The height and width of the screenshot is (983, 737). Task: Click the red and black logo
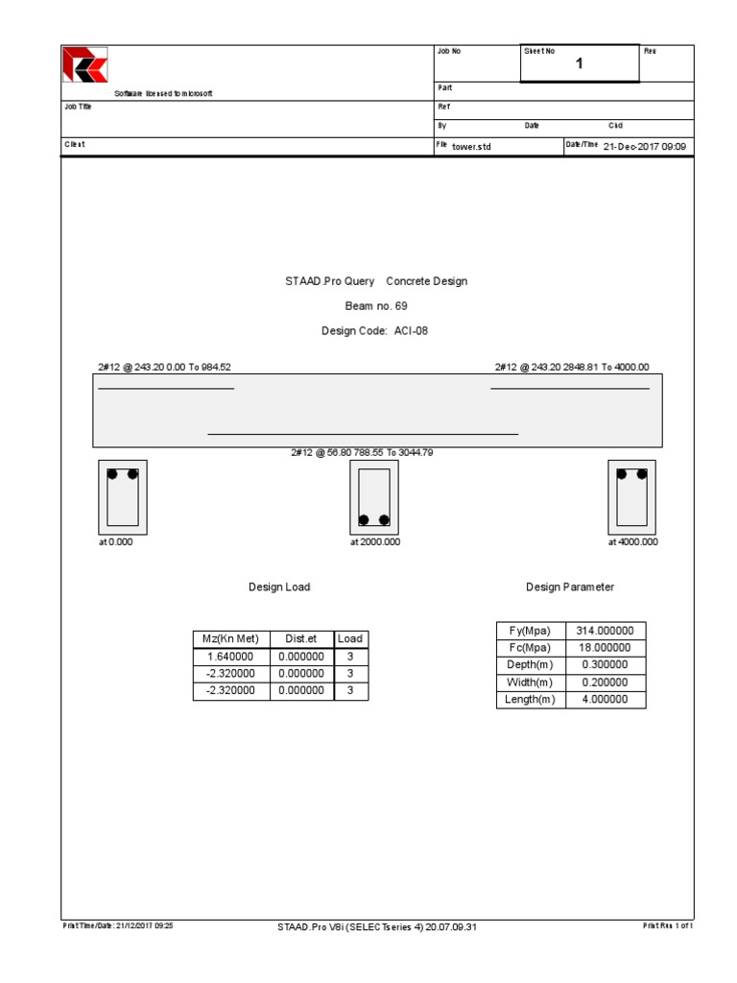tap(84, 65)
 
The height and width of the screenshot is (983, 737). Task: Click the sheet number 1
tap(579, 64)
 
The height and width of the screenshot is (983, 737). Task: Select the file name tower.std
tap(471, 147)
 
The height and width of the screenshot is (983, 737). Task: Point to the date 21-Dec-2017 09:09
tap(645, 146)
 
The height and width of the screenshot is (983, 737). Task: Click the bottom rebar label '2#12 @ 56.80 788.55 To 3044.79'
tap(368, 452)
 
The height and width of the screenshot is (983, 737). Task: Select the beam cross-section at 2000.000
tap(374, 497)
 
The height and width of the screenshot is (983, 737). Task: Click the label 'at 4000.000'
tap(632, 542)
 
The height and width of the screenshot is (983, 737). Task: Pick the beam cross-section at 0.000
tap(122, 497)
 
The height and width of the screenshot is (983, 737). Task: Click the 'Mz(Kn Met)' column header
tap(231, 638)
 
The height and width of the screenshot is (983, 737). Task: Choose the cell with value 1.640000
tap(231, 657)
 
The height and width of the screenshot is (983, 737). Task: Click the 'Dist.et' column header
tap(301, 638)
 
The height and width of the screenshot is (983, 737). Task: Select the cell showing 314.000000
tap(605, 631)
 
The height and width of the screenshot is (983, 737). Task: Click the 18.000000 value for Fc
tap(605, 648)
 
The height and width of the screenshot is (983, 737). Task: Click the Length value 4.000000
tap(605, 700)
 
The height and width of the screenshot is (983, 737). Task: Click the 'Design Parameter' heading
tap(570, 587)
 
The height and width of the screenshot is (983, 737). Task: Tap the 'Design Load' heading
tap(279, 587)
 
